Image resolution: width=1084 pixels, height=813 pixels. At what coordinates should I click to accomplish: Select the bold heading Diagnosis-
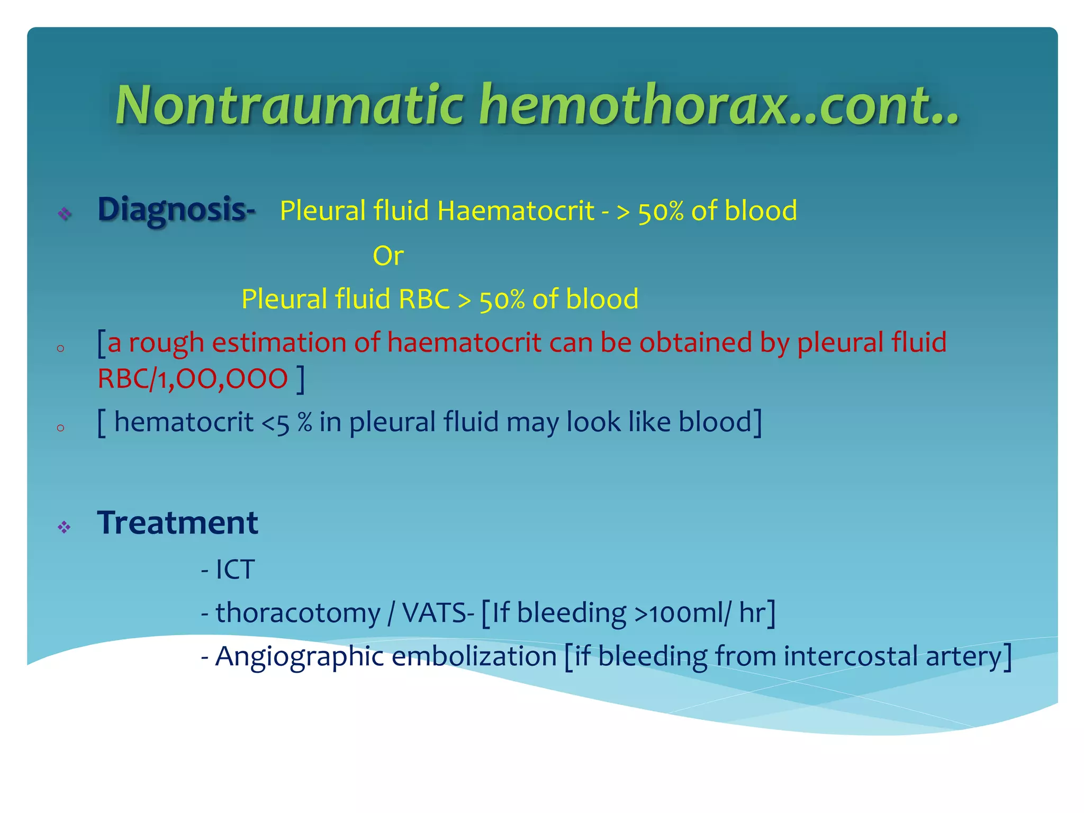(176, 210)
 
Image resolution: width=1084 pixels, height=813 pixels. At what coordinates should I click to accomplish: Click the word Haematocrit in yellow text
(516, 211)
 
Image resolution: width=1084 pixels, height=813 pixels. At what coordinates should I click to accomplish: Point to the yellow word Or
(388, 256)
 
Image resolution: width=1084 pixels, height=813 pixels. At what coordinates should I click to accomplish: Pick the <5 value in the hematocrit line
(275, 422)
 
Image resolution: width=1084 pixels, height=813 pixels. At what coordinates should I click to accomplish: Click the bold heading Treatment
(178, 523)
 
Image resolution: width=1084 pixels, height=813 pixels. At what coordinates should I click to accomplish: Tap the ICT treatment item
(235, 570)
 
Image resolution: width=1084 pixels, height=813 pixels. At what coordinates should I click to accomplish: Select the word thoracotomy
(297, 613)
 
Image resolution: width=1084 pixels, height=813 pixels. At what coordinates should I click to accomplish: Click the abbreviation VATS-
(438, 613)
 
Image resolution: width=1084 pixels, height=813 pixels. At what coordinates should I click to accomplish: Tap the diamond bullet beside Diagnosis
(65, 213)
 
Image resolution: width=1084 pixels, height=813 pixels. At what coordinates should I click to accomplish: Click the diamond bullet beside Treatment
(65, 527)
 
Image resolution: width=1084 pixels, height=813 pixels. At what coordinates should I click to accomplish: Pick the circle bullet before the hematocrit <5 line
(60, 428)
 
